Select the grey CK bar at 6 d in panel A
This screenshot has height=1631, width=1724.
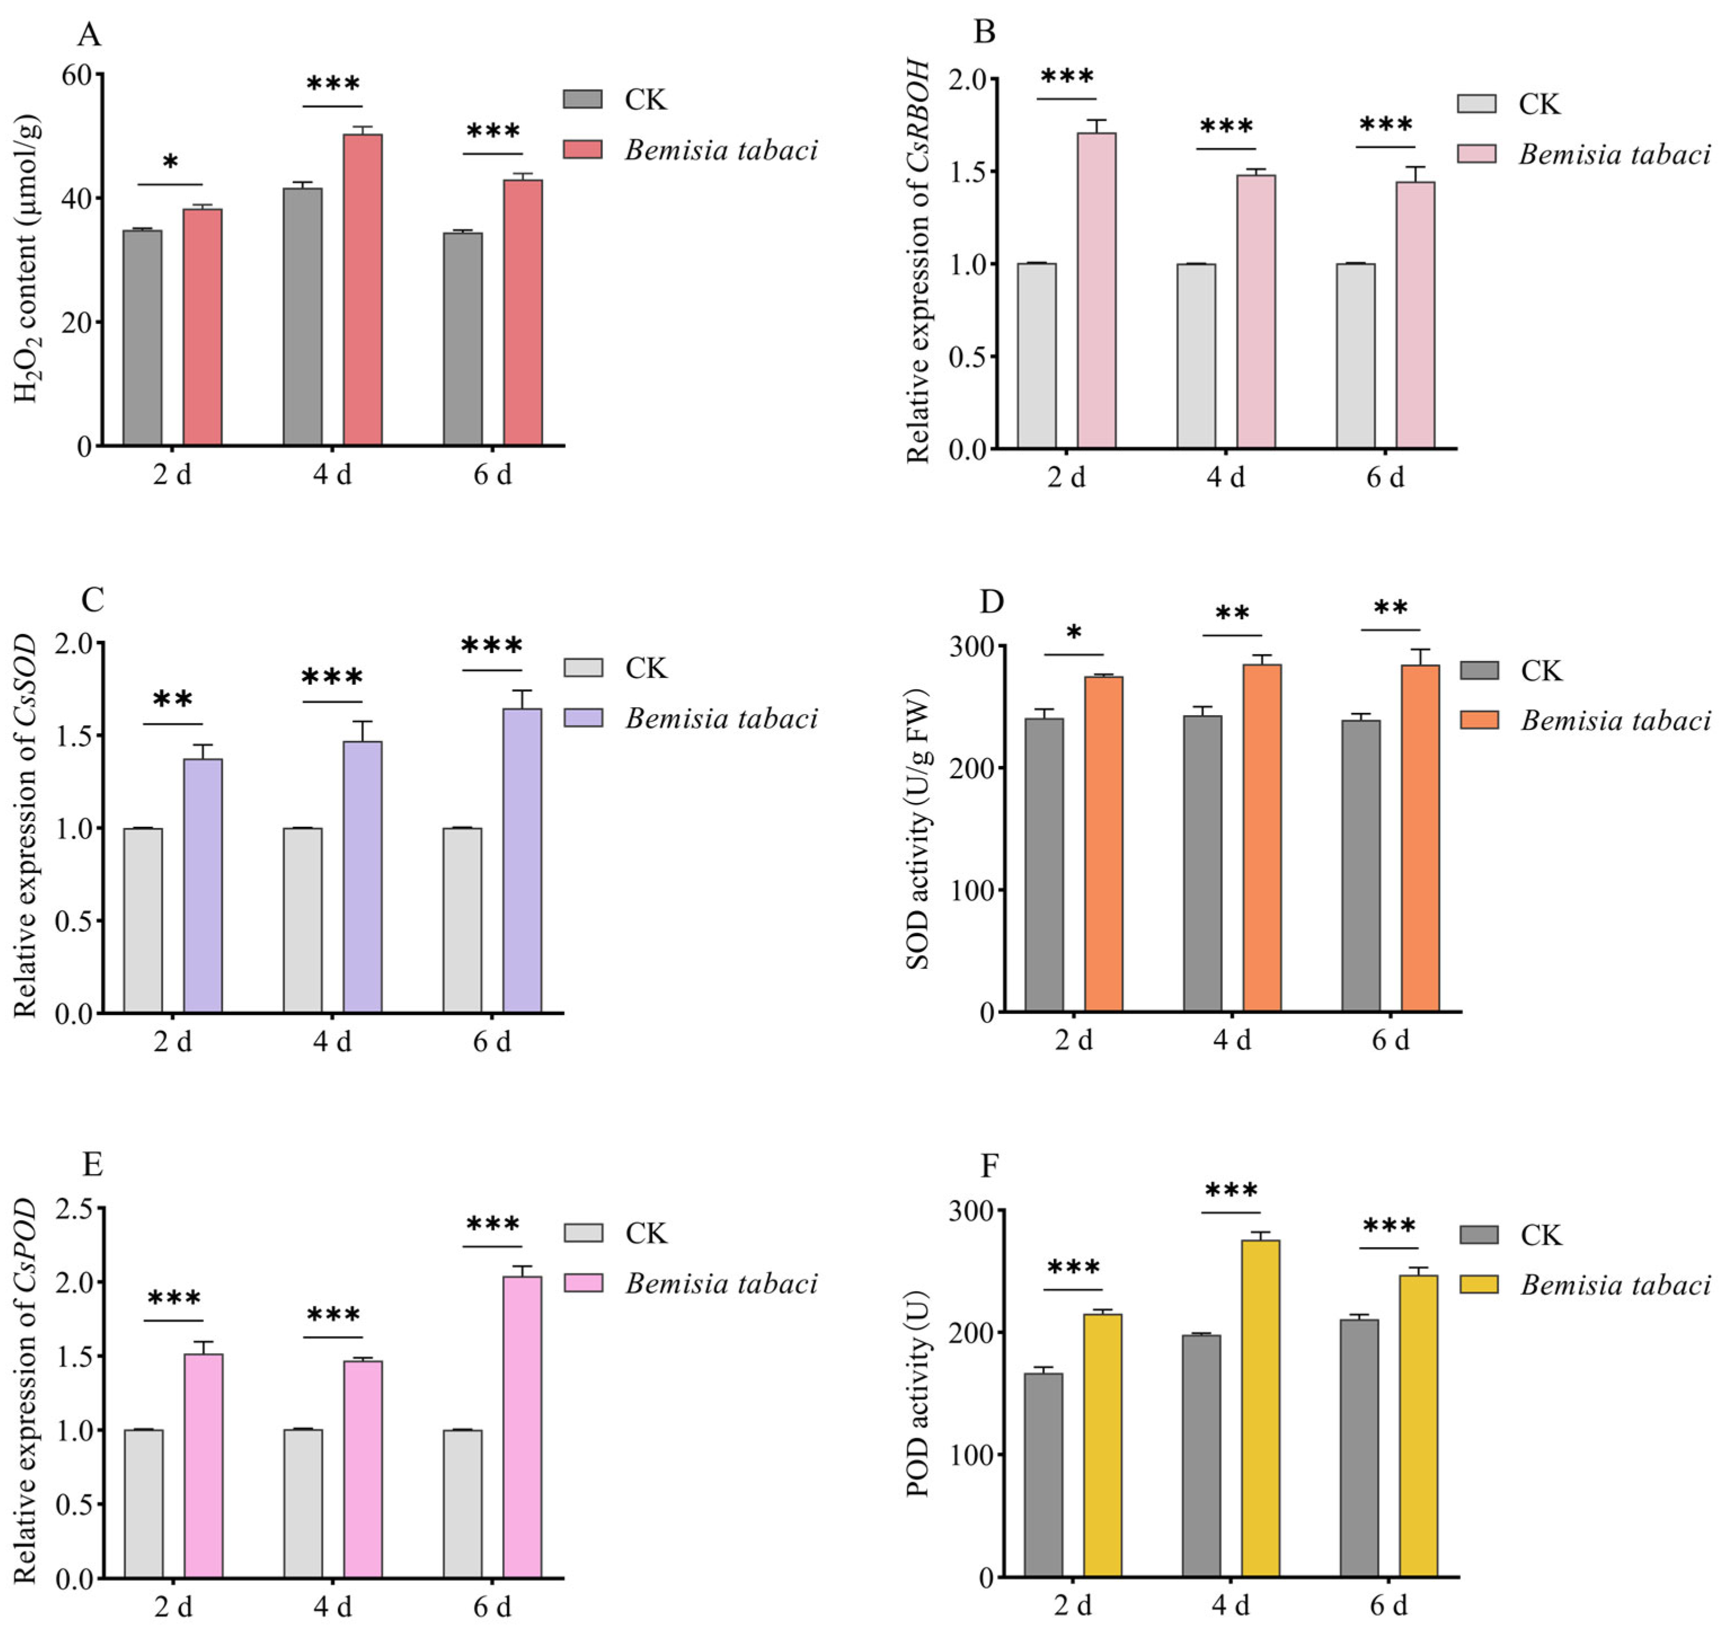(x=463, y=339)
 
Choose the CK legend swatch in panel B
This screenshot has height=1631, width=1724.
(x=1476, y=104)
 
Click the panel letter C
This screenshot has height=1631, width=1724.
(x=92, y=600)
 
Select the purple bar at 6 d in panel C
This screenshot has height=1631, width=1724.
(x=522, y=861)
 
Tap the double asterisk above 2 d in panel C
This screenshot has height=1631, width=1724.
(x=173, y=701)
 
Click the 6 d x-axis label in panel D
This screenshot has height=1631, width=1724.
(x=1390, y=1040)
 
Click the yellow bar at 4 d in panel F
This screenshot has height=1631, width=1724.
(x=1260, y=1408)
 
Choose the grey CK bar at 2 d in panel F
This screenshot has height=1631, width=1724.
(x=1043, y=1474)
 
